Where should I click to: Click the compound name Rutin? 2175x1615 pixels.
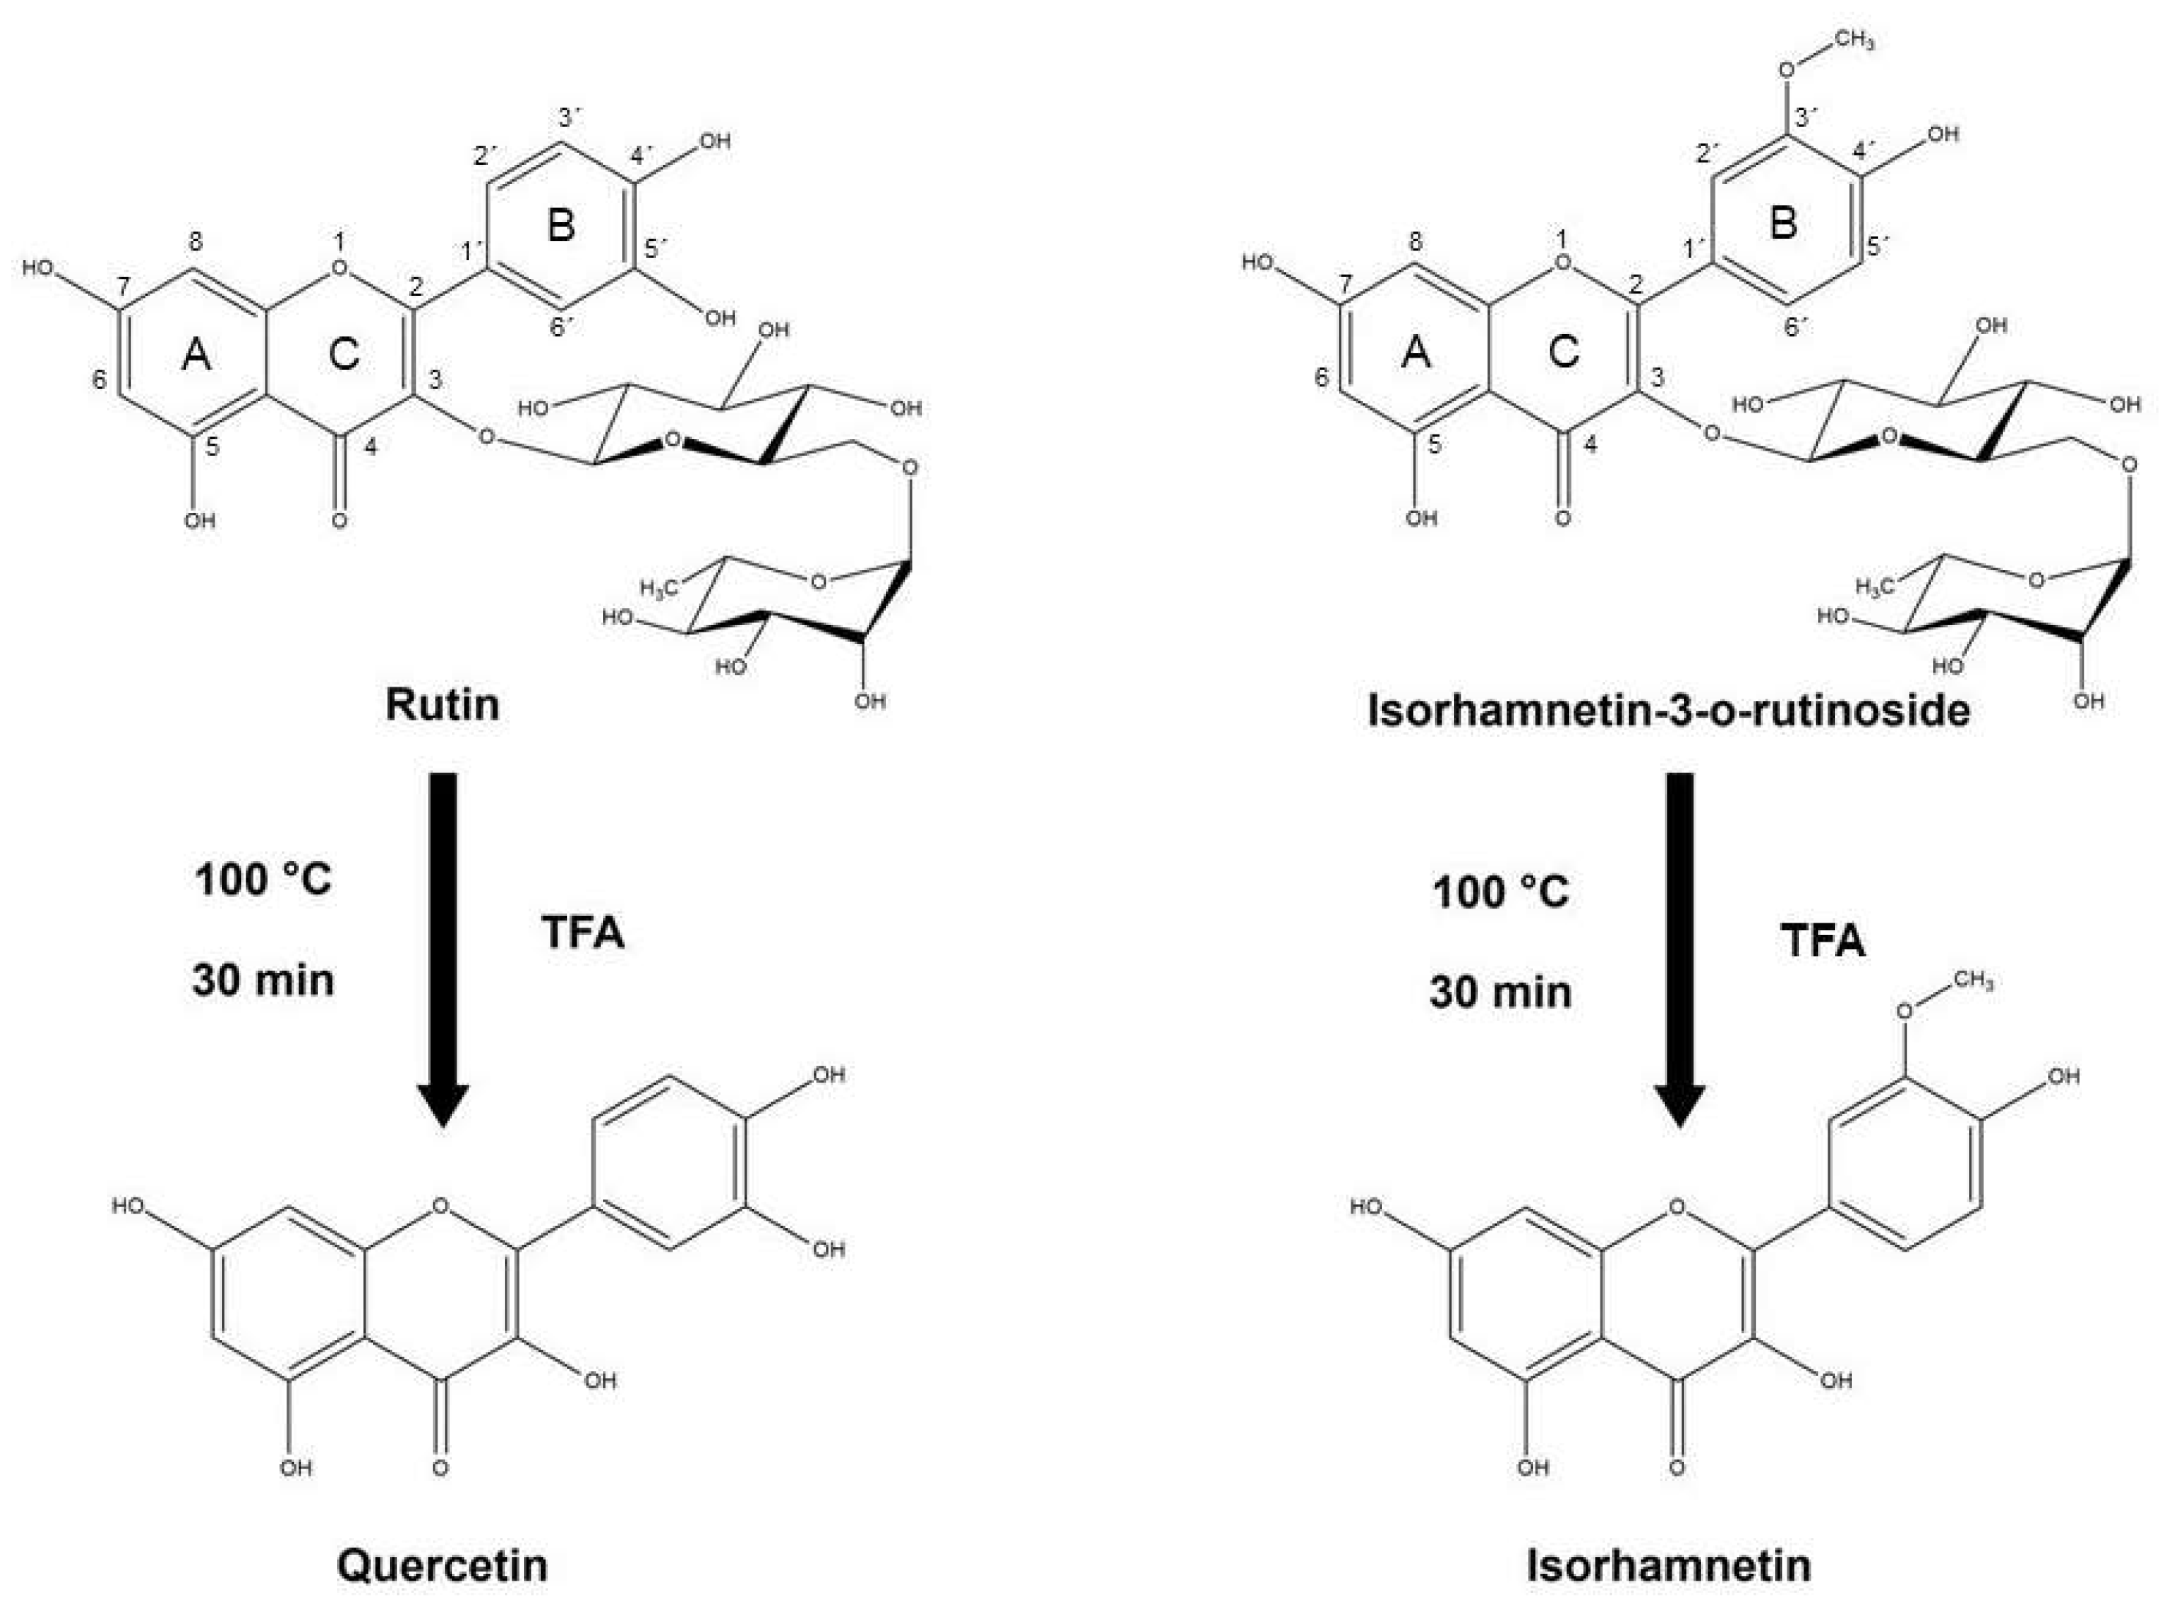click(x=442, y=705)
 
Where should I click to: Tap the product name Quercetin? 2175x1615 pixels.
click(x=442, y=1565)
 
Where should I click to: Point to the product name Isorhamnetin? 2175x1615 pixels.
click(x=1669, y=1565)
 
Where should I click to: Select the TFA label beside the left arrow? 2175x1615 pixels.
click(x=583, y=931)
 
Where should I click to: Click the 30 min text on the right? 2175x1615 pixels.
click(x=1501, y=992)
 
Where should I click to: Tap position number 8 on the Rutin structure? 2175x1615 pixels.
click(x=196, y=240)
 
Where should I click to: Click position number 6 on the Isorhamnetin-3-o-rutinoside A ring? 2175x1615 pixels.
click(x=1321, y=377)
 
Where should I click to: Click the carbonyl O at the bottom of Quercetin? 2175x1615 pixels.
click(x=440, y=1468)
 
